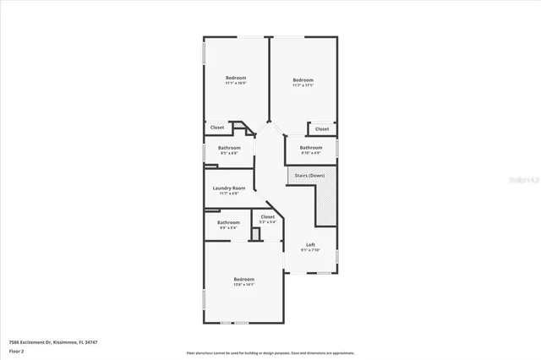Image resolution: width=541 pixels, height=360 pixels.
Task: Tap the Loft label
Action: [x=310, y=244]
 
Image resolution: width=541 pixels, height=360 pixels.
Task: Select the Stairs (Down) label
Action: [x=310, y=175]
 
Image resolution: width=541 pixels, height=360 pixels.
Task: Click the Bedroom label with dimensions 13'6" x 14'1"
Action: [x=244, y=279]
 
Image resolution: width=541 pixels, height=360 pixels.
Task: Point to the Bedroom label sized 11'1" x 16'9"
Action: [x=235, y=78]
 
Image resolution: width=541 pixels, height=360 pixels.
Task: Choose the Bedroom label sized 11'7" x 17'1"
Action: [x=303, y=80]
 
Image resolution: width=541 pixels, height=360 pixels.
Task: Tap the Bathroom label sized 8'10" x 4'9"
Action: [x=311, y=148]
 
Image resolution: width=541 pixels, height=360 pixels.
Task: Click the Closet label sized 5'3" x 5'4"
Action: [x=268, y=217]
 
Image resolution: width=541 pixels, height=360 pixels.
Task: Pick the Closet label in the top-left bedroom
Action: [x=217, y=128]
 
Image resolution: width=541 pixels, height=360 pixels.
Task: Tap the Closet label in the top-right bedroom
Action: [x=322, y=128]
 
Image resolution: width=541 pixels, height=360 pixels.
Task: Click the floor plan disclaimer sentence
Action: [x=270, y=352]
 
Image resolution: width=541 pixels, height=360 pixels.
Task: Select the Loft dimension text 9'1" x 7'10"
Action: [x=310, y=250]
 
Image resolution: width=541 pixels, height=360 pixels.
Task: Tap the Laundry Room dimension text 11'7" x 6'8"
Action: [x=229, y=194]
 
